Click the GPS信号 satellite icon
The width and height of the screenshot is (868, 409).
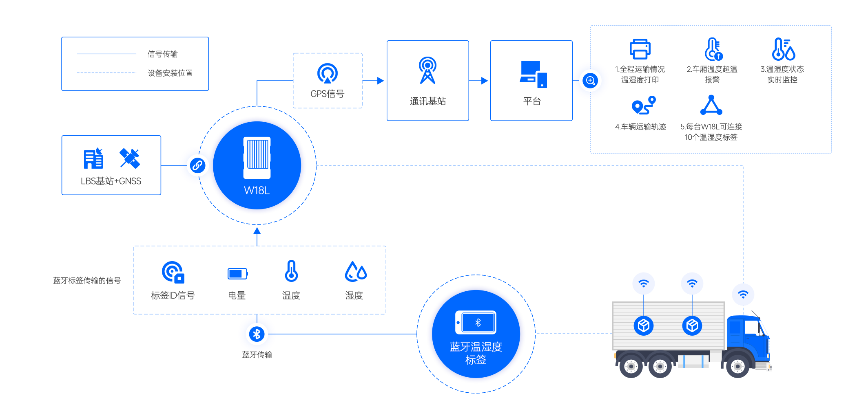327,73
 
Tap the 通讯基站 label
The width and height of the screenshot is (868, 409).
427,101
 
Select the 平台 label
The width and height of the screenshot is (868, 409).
531,101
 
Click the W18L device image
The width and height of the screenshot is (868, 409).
257,158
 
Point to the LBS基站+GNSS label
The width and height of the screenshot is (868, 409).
111,181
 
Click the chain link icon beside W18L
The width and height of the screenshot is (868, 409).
198,165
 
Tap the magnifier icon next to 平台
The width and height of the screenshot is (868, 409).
590,81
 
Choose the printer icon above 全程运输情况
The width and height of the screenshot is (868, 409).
640,49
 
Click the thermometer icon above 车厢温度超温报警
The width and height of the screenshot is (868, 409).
713,49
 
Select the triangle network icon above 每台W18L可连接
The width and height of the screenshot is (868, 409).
711,105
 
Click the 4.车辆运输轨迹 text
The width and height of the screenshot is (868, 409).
640,127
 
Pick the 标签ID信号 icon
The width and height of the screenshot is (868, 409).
173,272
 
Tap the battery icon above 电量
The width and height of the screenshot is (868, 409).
237,274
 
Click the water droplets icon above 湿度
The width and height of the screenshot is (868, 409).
356,271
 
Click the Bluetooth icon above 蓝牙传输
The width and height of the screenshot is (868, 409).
257,334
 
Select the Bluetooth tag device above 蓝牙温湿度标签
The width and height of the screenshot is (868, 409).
476,323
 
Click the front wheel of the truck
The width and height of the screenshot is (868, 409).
737,366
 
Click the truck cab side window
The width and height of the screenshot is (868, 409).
752,328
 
